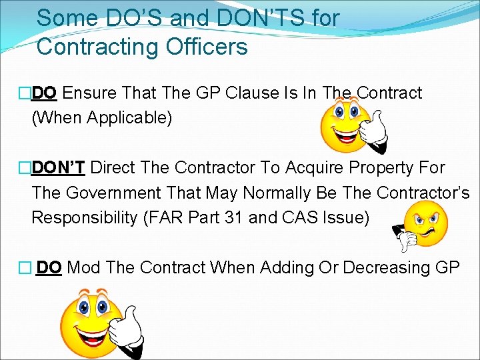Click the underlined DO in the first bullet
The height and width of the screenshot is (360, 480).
[x=45, y=93]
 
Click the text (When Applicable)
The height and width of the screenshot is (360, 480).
[x=101, y=118]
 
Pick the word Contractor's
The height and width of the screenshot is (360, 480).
[x=423, y=193]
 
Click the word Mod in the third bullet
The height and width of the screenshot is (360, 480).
[x=83, y=267]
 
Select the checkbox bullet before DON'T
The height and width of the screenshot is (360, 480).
[x=26, y=168]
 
